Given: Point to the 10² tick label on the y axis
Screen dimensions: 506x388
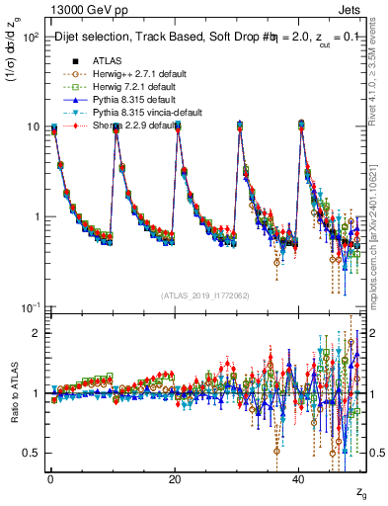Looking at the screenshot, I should point(31,37).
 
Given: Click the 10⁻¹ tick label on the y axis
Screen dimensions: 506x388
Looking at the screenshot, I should point(31,308).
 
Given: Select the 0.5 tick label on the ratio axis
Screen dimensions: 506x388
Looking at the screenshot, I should point(30,453).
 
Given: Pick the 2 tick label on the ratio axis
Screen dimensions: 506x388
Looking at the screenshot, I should point(35,333).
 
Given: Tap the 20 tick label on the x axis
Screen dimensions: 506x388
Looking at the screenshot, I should point(175,477).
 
